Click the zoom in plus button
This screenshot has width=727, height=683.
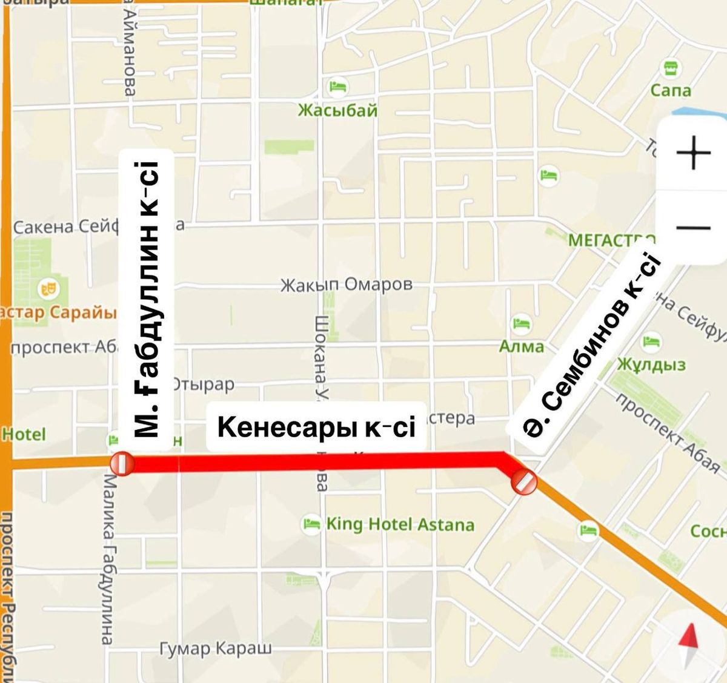point(693,153)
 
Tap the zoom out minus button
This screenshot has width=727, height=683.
point(693,228)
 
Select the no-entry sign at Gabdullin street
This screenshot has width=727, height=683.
point(121,464)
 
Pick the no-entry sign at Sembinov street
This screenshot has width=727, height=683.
point(523,482)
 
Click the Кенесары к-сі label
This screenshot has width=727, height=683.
point(316,427)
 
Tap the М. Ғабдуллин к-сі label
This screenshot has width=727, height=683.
point(147,300)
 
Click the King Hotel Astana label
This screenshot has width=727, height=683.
point(400,524)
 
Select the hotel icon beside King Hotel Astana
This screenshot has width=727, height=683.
point(311,523)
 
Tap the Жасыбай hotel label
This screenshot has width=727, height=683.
point(337,110)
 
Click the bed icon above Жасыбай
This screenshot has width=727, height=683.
point(337,87)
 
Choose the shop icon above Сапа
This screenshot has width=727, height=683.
point(670,68)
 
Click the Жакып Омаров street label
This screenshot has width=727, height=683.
point(346,284)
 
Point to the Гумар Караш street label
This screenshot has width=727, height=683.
point(216,648)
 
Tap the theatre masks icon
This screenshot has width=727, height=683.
point(48,288)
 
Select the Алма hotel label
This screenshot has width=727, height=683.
point(521,346)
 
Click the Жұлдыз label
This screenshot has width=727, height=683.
point(651,365)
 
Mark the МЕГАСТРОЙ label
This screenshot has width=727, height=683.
point(609,240)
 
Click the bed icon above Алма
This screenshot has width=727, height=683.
point(521,323)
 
